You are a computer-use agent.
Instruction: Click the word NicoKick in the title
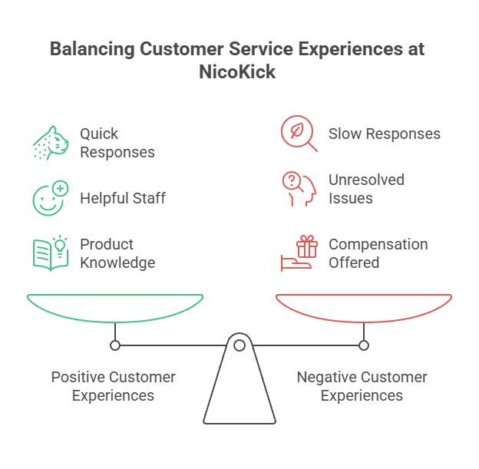[x=239, y=72]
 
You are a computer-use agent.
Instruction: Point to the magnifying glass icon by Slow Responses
[x=299, y=134]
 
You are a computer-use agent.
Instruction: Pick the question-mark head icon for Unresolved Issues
[x=299, y=189]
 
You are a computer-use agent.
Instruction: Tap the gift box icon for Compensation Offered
[x=299, y=253]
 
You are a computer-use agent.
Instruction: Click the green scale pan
[x=115, y=307]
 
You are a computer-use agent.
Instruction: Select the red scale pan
[x=364, y=307]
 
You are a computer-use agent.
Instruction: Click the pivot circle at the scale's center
[x=240, y=346]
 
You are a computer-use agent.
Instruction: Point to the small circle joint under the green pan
[x=115, y=345]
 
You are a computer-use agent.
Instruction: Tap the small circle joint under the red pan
[x=364, y=345]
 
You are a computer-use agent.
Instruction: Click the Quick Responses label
[x=117, y=143]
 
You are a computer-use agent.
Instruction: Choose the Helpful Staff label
[x=123, y=198]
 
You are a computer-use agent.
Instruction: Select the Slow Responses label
[x=384, y=134]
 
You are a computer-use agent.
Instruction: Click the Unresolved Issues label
[x=366, y=189]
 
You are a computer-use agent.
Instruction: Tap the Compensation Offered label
[x=378, y=253]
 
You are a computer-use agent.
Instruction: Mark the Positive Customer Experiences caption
[x=113, y=386]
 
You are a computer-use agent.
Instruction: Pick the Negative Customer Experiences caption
[x=362, y=386]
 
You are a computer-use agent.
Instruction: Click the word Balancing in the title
[x=91, y=49]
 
